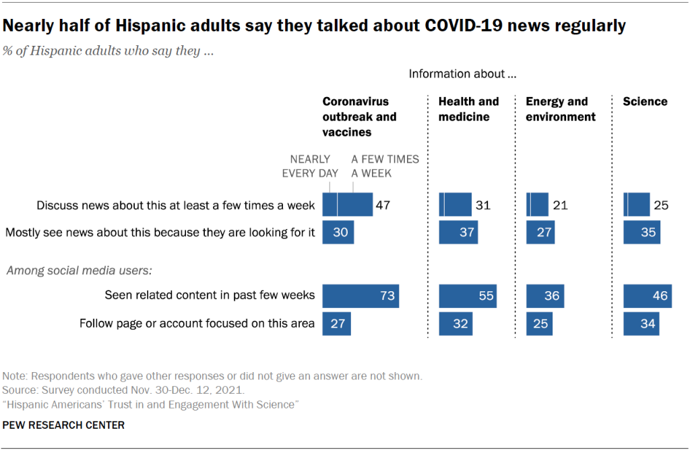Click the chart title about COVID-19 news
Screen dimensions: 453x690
[x=315, y=26]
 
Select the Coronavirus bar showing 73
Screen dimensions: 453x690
[x=360, y=295]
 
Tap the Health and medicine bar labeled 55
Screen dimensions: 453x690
[x=468, y=295]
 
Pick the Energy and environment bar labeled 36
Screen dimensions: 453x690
[x=545, y=295]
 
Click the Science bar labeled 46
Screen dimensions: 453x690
[x=648, y=295]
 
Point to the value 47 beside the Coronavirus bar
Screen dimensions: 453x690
[x=383, y=205]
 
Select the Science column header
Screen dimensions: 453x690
[x=645, y=102]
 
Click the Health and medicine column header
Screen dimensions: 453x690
[x=468, y=109]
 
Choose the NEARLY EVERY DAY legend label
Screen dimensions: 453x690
[x=310, y=166]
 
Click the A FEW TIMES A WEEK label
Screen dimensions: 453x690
[x=385, y=166]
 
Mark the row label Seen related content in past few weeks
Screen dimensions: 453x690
[x=210, y=295]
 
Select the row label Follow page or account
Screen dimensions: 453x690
[x=197, y=324]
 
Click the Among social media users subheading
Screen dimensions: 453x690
[x=80, y=271]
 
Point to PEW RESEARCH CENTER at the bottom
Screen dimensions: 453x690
[x=64, y=425]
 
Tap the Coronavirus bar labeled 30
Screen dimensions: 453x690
[x=338, y=233]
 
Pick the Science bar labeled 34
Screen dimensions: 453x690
[x=641, y=324]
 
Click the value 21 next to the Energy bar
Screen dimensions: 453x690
[x=560, y=205]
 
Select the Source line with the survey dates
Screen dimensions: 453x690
[x=124, y=390]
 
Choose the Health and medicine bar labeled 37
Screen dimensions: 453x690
[x=458, y=233]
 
